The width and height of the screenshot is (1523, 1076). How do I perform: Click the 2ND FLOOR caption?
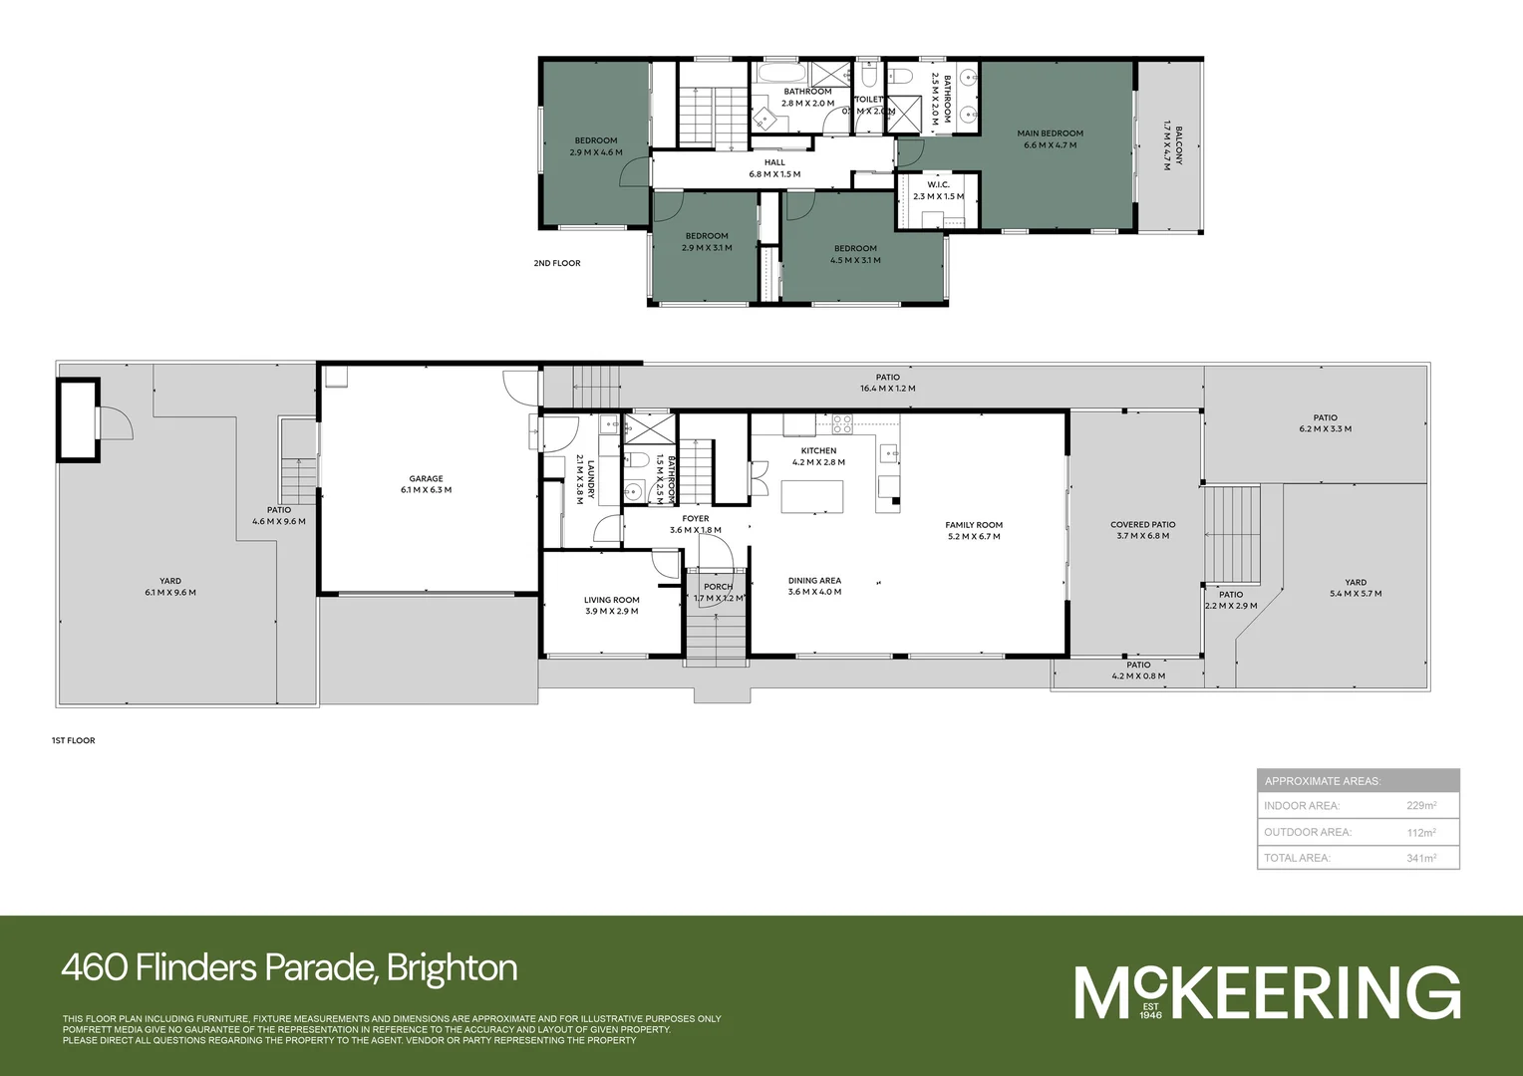[557, 263]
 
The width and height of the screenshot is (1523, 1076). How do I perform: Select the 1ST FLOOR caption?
[74, 740]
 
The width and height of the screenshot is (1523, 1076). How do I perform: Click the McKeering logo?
[1267, 992]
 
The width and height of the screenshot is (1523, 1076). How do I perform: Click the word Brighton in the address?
[452, 967]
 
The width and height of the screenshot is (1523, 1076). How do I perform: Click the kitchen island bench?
[812, 496]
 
